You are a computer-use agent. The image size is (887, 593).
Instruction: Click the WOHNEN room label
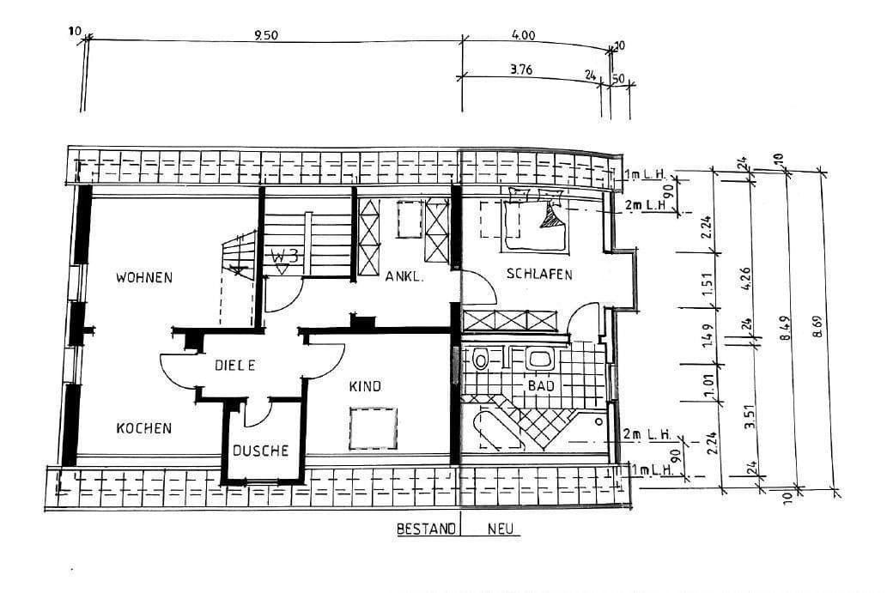pos(144,277)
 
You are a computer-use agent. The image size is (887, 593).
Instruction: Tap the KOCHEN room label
pos(144,428)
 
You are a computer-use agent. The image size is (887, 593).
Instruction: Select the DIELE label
pos(235,366)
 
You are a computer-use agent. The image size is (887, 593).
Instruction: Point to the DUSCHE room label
pos(261,451)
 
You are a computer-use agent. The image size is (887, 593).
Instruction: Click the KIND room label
pos(364,386)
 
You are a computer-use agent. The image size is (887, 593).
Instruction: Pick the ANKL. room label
pos(404,277)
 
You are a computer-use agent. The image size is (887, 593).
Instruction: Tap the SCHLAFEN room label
pos(539,275)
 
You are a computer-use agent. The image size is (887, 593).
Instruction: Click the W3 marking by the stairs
pos(283,256)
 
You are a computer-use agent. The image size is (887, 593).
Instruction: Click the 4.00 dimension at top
pos(522,36)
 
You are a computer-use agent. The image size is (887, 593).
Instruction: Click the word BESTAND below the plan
pos(425,529)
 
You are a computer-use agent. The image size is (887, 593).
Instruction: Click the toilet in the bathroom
pos(481,359)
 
